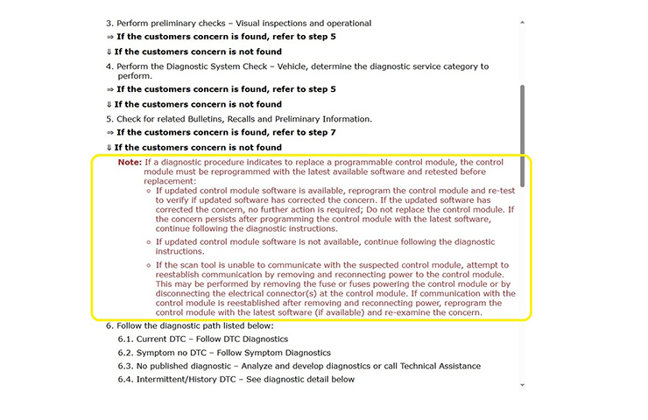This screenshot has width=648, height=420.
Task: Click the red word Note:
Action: pos(130,162)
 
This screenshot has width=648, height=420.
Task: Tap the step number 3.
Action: pos(109,23)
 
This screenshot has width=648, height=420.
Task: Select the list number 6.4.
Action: pos(126,379)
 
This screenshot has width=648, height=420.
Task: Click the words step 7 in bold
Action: pos(319,132)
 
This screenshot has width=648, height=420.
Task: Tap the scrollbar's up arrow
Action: pos(523,21)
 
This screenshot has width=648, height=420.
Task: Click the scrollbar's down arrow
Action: pos(523,384)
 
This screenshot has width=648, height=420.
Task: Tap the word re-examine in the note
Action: pos(417,312)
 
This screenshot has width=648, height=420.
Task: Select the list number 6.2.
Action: pos(126,352)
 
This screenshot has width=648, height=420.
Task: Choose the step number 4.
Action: pos(109,66)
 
